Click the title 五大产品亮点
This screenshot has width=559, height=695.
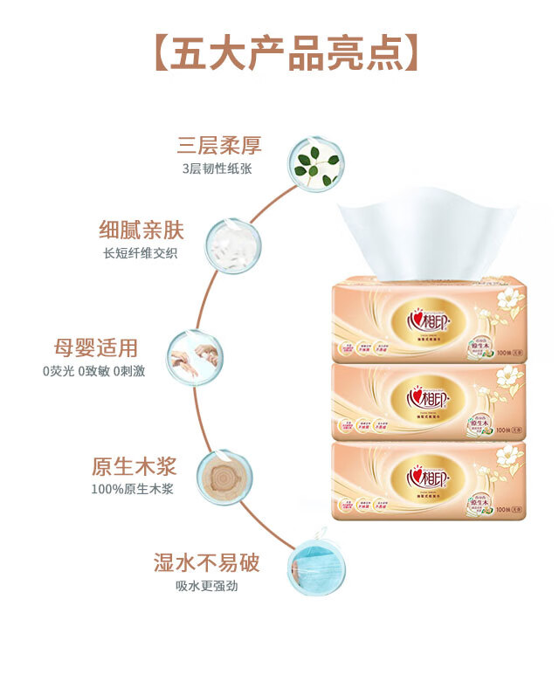click(279, 53)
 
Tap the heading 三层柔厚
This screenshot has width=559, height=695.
click(219, 145)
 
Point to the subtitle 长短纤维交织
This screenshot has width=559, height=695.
click(140, 253)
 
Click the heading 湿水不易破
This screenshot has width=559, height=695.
click(207, 562)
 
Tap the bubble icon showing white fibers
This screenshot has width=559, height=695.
click(231, 246)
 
